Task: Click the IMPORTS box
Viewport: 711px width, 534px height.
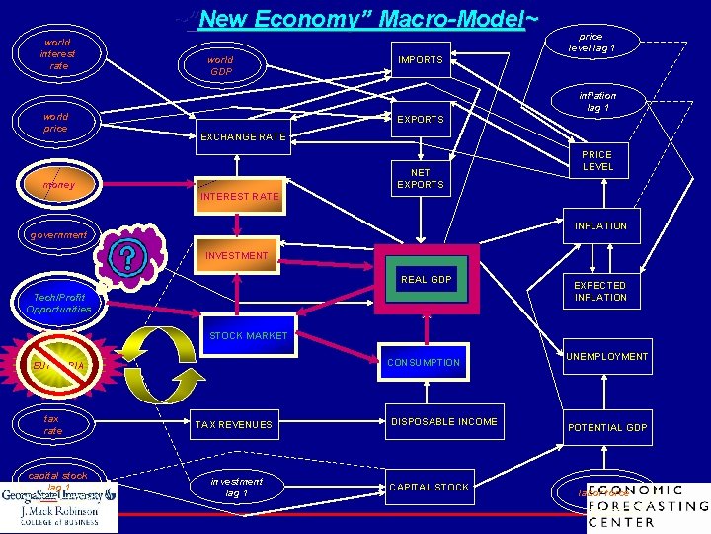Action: click(421, 60)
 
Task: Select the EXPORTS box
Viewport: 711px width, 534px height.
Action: click(421, 120)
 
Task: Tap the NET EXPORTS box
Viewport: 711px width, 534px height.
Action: click(421, 179)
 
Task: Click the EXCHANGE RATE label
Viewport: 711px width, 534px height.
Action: click(243, 136)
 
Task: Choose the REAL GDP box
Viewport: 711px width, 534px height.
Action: click(426, 280)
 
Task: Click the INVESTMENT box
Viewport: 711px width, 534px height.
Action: click(237, 255)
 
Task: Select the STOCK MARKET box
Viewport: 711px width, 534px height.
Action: click(248, 336)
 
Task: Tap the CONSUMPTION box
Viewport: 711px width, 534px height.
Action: click(424, 363)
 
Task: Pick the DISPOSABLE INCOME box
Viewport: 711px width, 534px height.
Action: click(444, 422)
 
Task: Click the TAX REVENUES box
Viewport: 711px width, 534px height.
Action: click(234, 425)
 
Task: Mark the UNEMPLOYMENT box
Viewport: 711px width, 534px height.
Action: click(607, 357)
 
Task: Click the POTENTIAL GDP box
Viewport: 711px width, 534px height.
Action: click(607, 428)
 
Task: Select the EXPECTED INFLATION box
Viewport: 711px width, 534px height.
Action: click(600, 292)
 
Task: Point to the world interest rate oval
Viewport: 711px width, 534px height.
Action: click(57, 54)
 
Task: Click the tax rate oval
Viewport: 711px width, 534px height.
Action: click(53, 425)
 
